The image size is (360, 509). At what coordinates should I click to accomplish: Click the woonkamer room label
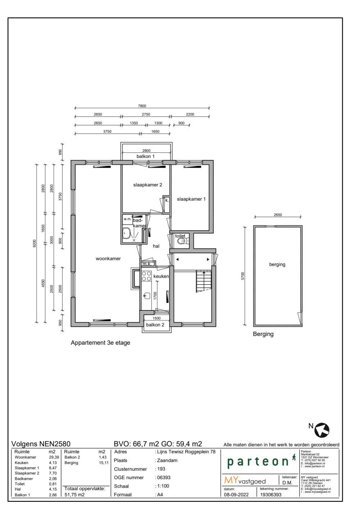tap(108, 259)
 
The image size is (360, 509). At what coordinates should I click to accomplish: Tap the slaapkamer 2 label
tap(148, 185)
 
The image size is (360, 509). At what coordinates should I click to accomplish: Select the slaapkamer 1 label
tap(191, 199)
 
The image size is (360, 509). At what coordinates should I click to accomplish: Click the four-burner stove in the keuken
tap(147, 276)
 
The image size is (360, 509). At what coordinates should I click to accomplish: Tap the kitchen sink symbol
tap(147, 296)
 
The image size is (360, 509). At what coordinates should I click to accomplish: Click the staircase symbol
tap(203, 281)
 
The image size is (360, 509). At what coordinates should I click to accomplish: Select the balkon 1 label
tap(145, 156)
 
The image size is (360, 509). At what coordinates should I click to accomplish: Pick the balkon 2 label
tap(155, 325)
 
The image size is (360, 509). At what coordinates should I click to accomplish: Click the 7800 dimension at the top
tap(142, 106)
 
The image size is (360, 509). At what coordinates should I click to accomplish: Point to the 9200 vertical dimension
tap(35, 244)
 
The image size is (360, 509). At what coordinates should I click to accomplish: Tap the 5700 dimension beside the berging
tap(243, 276)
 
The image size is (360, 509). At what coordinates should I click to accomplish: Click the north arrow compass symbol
tap(322, 430)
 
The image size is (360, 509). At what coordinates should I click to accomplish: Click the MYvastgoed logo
tap(245, 481)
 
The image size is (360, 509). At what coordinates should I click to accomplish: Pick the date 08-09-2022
tap(236, 495)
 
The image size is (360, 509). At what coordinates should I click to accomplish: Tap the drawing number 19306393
tap(271, 495)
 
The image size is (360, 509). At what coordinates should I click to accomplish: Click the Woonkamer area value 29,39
tap(54, 457)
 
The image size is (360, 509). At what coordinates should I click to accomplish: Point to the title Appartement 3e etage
tap(100, 343)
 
